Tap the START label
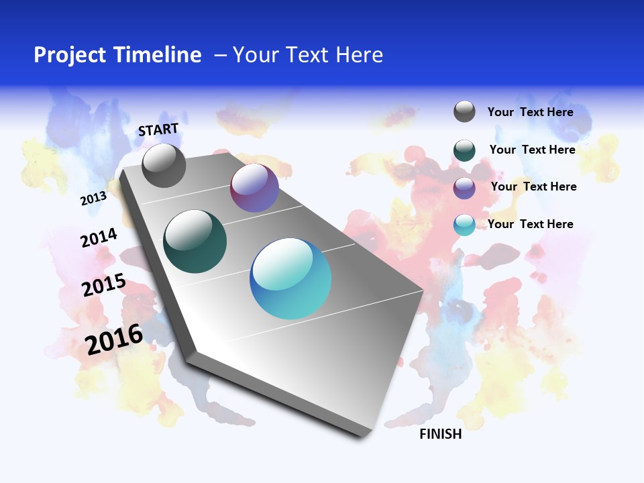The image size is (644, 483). click(158, 129)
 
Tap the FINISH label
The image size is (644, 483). click(441, 434)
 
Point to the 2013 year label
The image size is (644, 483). click(93, 199)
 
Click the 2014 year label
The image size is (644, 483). click(99, 238)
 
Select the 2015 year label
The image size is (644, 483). click(103, 285)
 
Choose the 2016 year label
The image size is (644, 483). click(114, 339)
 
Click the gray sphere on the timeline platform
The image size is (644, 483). click(164, 166)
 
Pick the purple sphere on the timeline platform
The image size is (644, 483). click(254, 189)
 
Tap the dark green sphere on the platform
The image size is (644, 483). click(195, 241)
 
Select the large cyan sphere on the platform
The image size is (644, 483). click(290, 278)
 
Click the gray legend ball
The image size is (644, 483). click(464, 112)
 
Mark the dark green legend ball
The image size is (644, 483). click(464, 150)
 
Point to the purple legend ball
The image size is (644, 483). click(464, 188)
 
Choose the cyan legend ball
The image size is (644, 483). click(464, 225)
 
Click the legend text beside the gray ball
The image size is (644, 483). click(530, 112)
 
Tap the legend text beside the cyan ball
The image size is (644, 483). click(530, 224)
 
